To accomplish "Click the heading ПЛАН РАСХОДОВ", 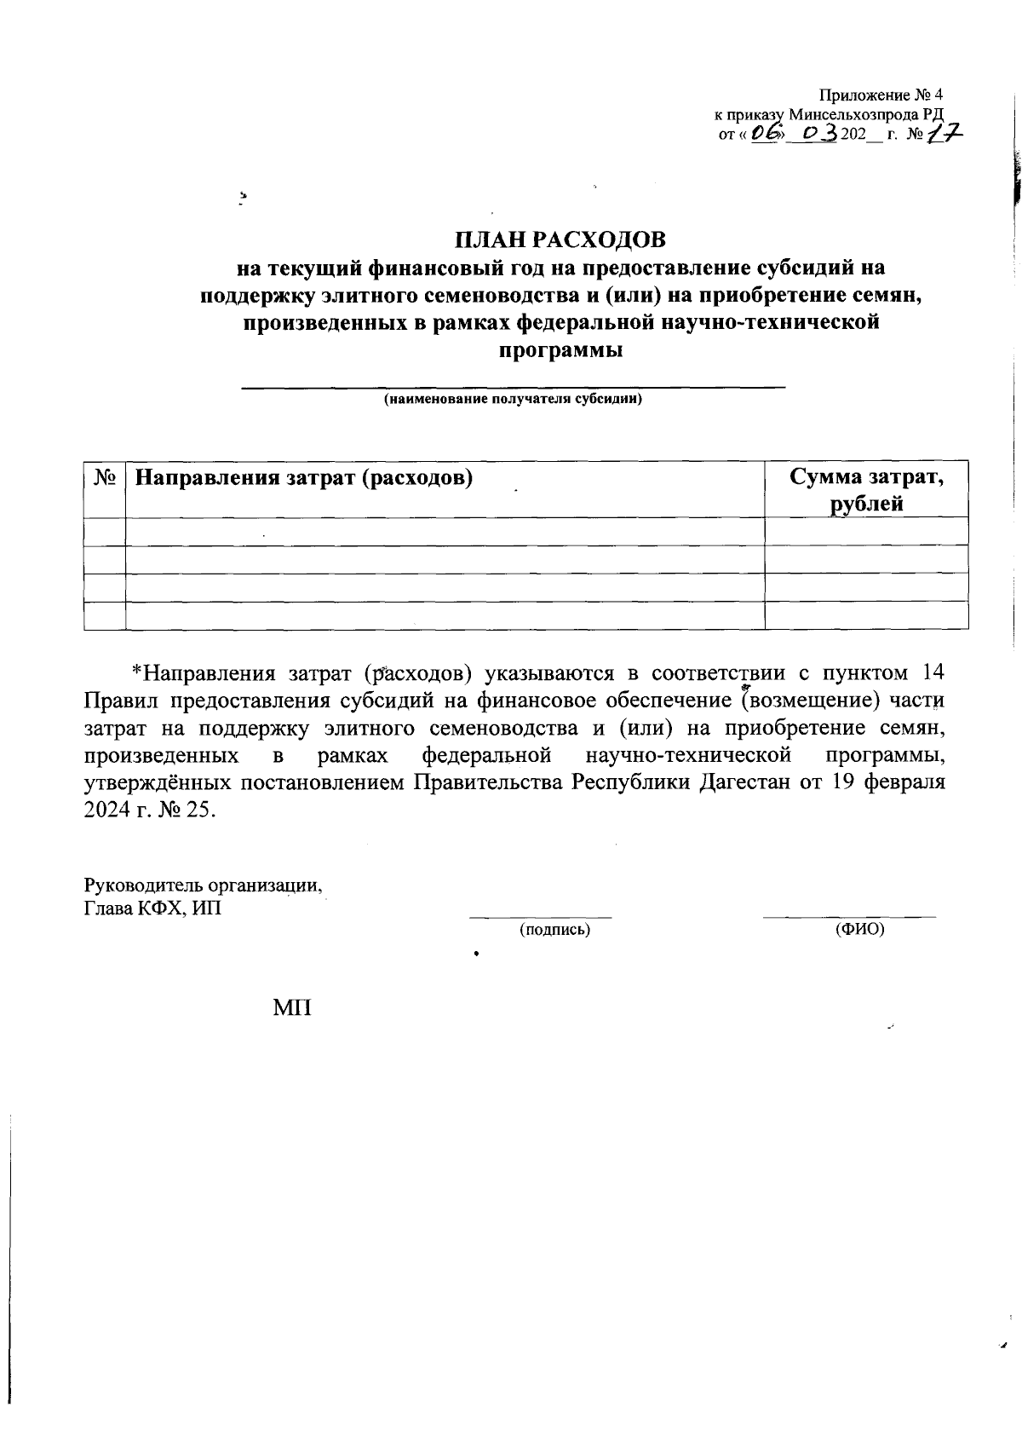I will (x=560, y=239).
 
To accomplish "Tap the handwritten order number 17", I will (x=945, y=134).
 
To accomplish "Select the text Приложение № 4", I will (x=881, y=95).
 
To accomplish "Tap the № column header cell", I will (x=105, y=476).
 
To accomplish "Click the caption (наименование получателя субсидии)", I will (x=513, y=399).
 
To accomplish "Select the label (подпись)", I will (x=554, y=930).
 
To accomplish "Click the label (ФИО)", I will (x=860, y=929).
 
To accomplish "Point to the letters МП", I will (x=292, y=1009).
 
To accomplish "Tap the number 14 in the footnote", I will (x=933, y=672).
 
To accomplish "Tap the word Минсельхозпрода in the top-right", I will (x=854, y=114).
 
